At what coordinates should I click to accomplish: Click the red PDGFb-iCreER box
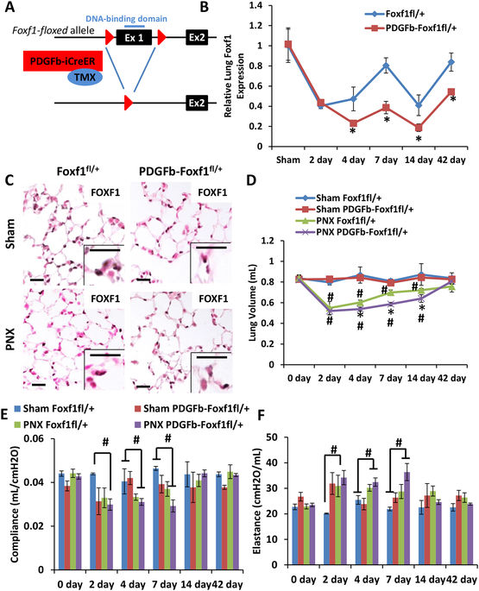point(63,60)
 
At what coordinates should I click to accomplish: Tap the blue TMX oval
point(85,78)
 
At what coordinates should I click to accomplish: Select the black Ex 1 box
point(134,38)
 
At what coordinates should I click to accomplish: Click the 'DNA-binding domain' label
point(126,18)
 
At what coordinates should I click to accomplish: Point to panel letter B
point(204,7)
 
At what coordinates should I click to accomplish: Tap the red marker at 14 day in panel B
point(419,128)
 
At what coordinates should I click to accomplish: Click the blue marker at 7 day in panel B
point(386,66)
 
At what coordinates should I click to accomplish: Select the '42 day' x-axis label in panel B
point(451,160)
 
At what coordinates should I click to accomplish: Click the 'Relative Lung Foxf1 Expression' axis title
point(234,76)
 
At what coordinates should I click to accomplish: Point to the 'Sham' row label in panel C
point(10,233)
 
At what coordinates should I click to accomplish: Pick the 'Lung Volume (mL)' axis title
point(253,303)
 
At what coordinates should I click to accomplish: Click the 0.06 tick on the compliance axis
point(44,439)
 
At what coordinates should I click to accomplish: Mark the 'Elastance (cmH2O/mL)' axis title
point(256,501)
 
